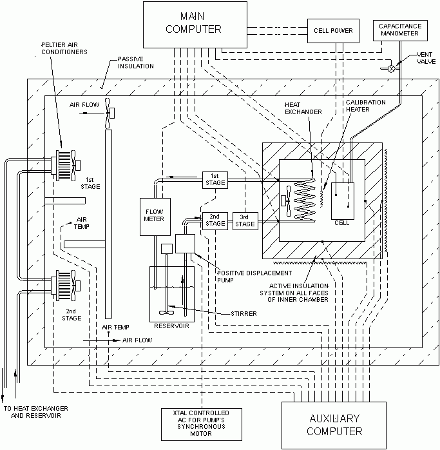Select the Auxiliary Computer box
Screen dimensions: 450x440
pyautogui.click(x=334, y=425)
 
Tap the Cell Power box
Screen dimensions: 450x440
pyautogui.click(x=329, y=30)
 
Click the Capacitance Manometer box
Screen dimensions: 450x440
pyautogui.click(x=399, y=30)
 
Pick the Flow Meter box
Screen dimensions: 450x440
pyautogui.click(x=153, y=214)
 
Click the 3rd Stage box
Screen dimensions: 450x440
pyautogui.click(x=244, y=220)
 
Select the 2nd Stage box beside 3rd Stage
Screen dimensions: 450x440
pyautogui.click(x=215, y=220)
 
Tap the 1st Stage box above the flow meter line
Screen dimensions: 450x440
pyautogui.click(x=215, y=180)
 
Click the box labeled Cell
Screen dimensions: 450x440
pyautogui.click(x=343, y=200)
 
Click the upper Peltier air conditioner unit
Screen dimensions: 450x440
pyautogui.click(x=62, y=159)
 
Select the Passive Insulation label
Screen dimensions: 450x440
pyautogui.click(x=133, y=63)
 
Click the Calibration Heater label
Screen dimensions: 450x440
pyautogui.click(x=365, y=107)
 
